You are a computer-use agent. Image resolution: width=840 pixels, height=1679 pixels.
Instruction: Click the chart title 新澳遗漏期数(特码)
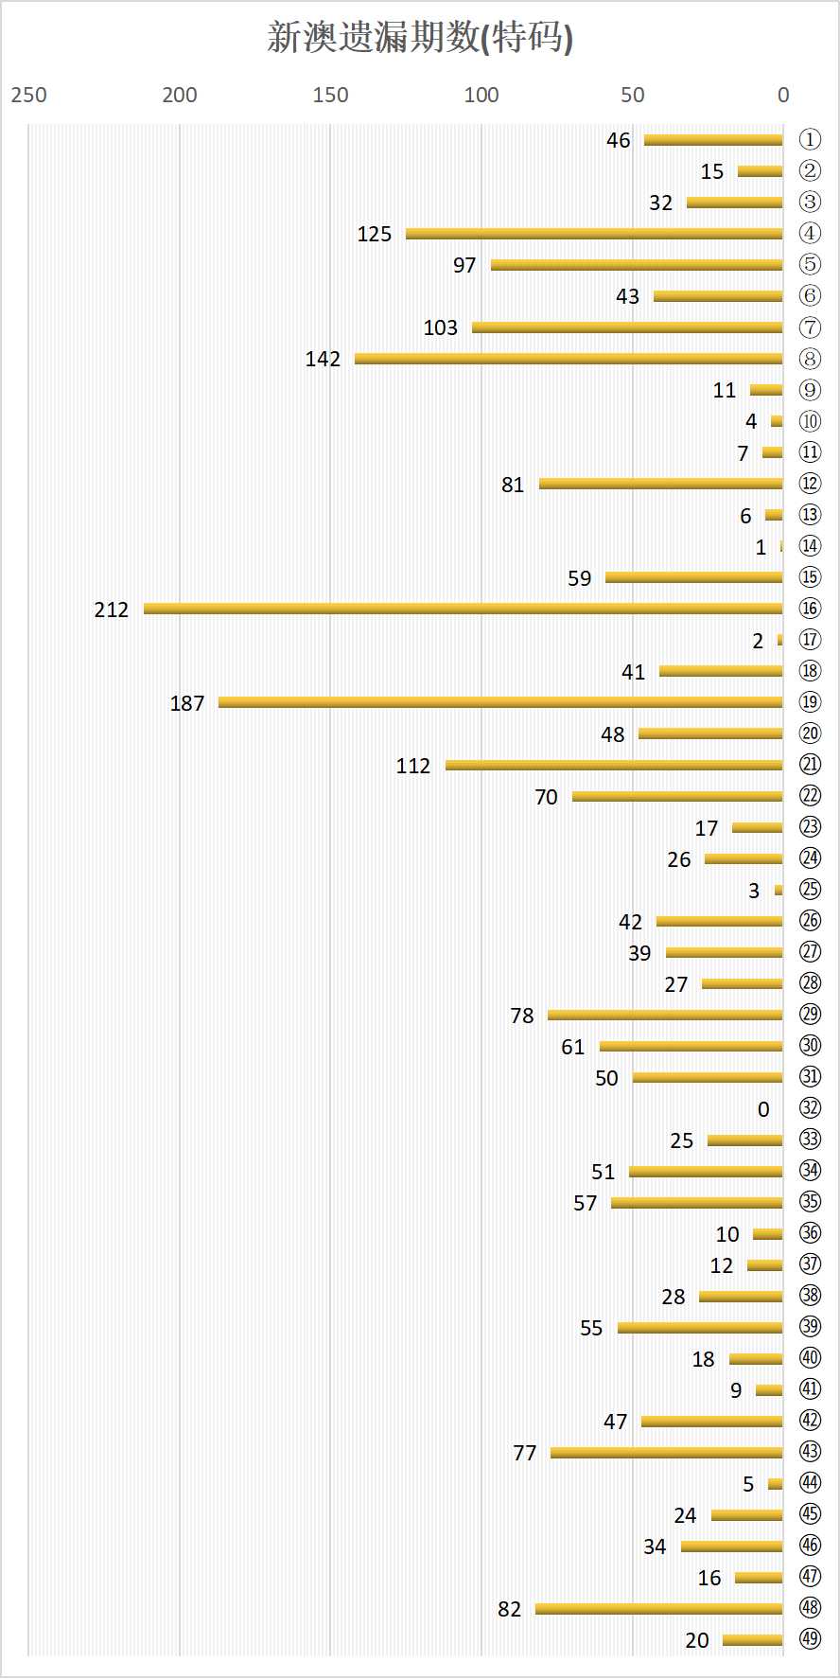(x=420, y=38)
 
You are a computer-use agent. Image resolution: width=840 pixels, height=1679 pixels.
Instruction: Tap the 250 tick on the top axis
(x=29, y=95)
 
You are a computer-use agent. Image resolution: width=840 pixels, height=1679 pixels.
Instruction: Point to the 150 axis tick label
(x=330, y=95)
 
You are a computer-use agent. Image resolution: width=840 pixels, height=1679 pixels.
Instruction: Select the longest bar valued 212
(x=464, y=609)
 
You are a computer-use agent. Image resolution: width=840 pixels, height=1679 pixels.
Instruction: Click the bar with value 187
(x=500, y=702)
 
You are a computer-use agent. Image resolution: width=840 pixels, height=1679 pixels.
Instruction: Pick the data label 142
(x=323, y=359)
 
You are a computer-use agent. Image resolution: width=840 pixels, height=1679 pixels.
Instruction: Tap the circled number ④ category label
(x=810, y=233)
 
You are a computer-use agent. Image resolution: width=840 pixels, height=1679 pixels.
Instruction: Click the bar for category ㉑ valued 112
(x=614, y=765)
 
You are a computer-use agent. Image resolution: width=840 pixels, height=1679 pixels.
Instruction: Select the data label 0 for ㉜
(x=763, y=1109)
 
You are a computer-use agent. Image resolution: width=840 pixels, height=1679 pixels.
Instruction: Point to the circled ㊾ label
(x=810, y=1639)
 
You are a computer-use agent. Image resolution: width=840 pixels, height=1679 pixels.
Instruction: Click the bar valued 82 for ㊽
(x=659, y=1609)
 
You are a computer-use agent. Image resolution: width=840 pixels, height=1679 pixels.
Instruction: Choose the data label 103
(x=440, y=327)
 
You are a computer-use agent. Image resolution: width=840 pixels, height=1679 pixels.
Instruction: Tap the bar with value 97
(x=637, y=265)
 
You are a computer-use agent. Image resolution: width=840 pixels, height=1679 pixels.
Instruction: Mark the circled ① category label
(x=810, y=139)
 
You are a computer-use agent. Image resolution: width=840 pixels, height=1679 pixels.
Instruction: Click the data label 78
(x=522, y=1016)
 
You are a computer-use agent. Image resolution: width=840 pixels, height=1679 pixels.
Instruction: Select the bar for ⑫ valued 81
(x=661, y=484)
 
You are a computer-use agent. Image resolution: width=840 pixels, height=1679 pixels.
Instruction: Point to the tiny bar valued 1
(x=781, y=546)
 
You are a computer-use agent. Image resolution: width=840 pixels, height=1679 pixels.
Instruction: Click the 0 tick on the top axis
(x=783, y=95)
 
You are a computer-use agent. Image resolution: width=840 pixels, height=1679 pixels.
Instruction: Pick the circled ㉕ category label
(x=810, y=890)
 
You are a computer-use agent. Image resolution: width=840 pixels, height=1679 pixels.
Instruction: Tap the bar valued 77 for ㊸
(x=667, y=1453)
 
